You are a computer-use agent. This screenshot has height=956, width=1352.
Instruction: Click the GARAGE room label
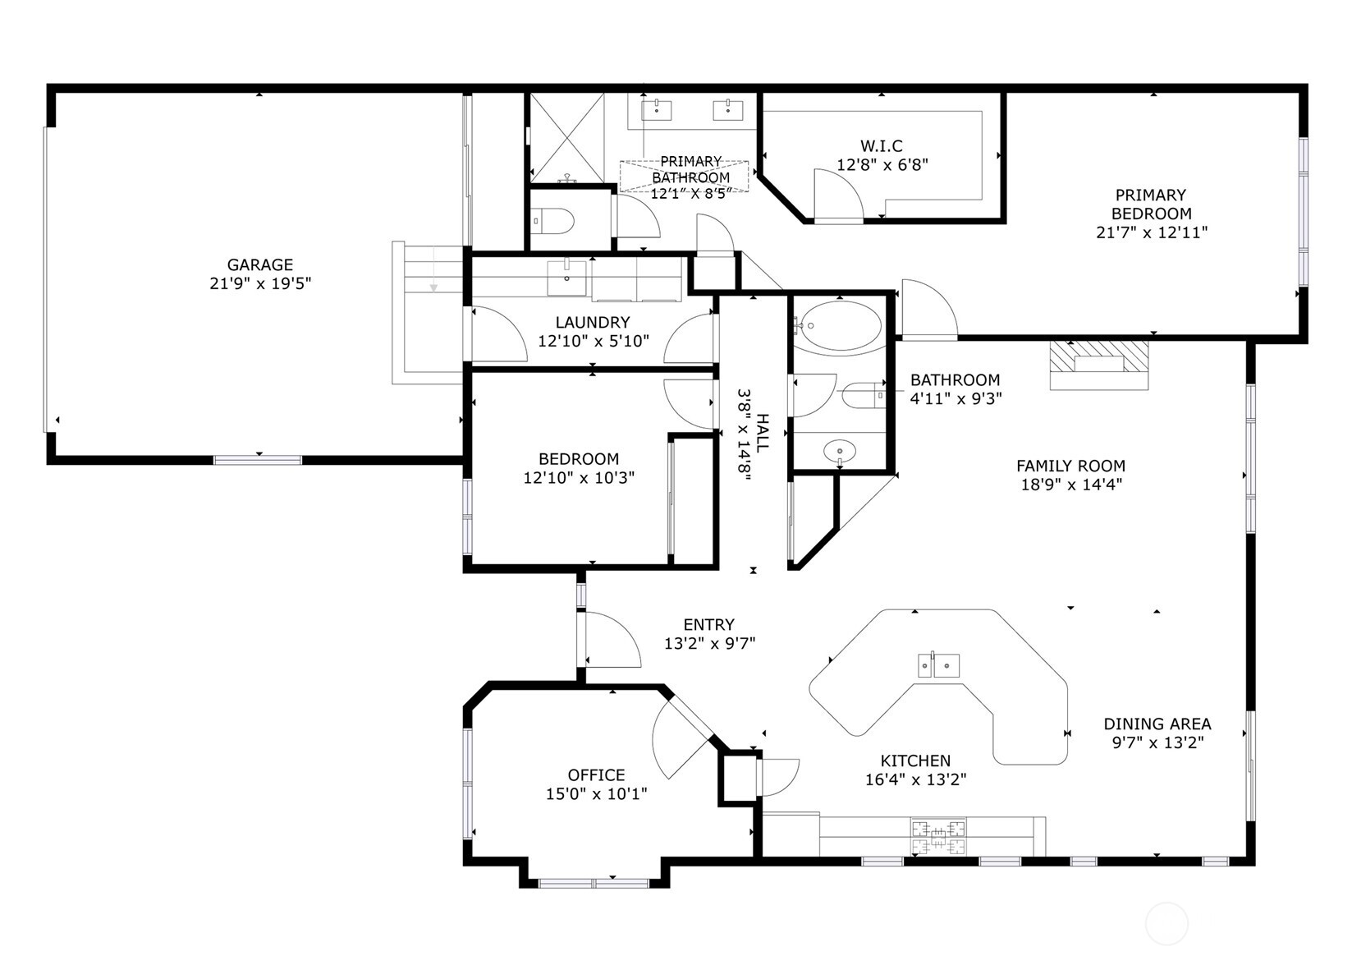(260, 265)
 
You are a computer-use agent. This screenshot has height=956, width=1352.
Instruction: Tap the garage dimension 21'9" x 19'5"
(260, 284)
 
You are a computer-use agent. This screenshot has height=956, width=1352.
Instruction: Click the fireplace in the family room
(1099, 365)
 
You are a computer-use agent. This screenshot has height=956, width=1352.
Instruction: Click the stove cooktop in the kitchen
(938, 836)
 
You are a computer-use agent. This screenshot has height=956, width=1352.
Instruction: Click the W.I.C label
(882, 146)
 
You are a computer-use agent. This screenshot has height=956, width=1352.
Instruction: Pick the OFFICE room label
(597, 775)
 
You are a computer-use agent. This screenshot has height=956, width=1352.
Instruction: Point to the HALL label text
(763, 434)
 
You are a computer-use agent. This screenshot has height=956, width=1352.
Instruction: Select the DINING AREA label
(1157, 724)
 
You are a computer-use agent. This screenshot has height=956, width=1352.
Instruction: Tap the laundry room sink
(567, 277)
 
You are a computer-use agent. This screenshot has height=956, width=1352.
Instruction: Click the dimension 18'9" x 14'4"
(1070, 485)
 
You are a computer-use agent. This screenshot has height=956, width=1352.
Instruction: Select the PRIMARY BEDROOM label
(1151, 205)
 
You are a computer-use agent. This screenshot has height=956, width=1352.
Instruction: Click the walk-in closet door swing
(837, 195)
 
